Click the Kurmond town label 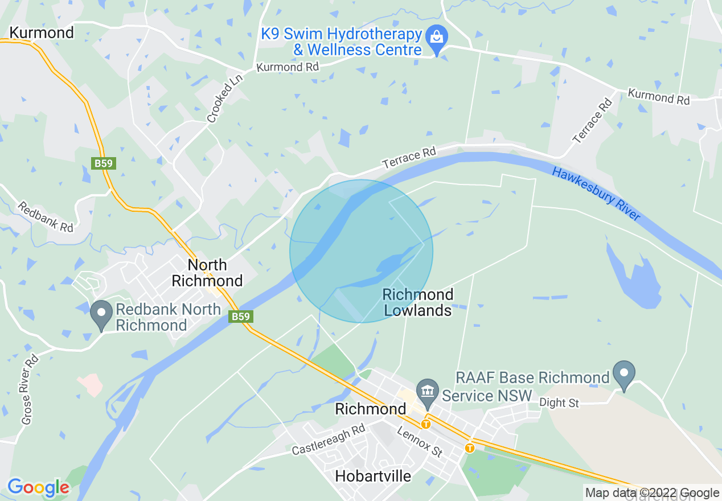tap(42, 33)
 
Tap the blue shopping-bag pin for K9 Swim tap(437, 38)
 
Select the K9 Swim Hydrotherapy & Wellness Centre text tap(342, 42)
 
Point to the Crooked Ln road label tap(224, 98)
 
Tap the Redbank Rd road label tap(46, 217)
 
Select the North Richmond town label tap(207, 273)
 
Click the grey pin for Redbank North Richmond tap(102, 314)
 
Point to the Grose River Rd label tap(30, 389)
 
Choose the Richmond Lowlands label tap(418, 302)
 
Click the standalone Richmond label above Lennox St tap(371, 409)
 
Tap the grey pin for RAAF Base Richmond tap(624, 373)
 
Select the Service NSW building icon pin tap(427, 392)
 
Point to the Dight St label tap(560, 403)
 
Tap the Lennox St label tap(420, 441)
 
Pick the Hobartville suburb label tap(374, 476)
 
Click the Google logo tap(38, 488)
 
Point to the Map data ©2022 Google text tap(652, 493)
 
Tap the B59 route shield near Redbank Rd tap(104, 164)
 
